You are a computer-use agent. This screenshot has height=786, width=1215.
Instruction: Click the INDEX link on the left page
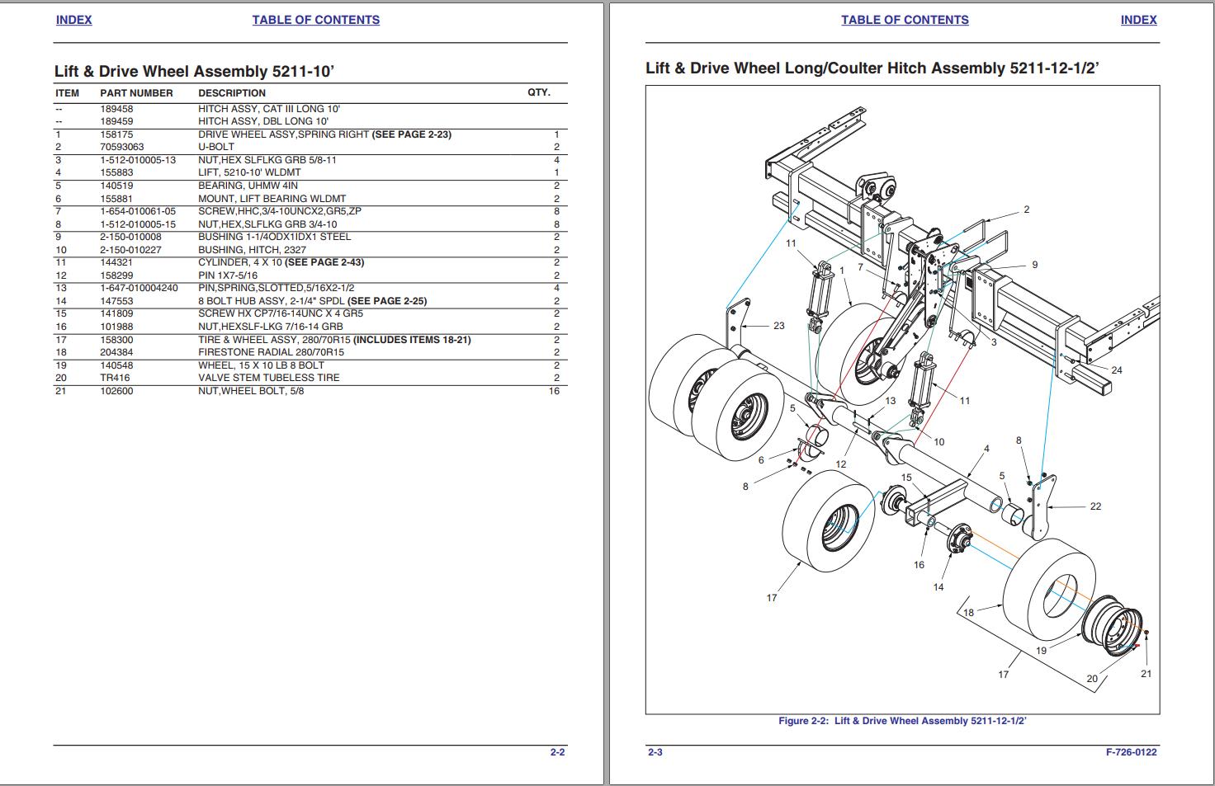pos(73,20)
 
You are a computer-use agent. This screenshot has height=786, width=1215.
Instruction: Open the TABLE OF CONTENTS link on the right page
pos(905,20)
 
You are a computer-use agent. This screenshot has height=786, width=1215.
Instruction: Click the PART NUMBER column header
pos(136,93)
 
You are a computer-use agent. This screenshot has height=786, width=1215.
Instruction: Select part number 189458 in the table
pos(116,109)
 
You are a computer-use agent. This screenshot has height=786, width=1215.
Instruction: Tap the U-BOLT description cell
pos(216,147)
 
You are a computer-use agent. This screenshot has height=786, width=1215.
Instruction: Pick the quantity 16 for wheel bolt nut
pos(554,391)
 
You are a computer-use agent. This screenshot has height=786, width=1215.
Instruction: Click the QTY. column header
pos(538,92)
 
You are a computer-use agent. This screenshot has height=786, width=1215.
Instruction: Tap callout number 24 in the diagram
pos(1117,370)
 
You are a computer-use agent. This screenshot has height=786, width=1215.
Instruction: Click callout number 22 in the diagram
pos(1095,506)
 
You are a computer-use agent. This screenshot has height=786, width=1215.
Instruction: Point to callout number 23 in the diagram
pos(778,326)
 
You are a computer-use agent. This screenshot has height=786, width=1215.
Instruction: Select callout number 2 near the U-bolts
pos(1027,209)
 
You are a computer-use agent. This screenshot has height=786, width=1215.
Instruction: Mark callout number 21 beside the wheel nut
pos(1146,674)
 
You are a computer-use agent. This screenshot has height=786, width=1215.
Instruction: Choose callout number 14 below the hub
pos(938,587)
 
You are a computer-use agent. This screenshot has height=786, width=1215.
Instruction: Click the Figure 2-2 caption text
pos(902,721)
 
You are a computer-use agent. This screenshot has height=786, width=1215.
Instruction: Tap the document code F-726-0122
pos(1131,752)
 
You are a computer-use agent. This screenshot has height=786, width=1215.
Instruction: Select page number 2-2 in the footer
pos(558,752)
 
